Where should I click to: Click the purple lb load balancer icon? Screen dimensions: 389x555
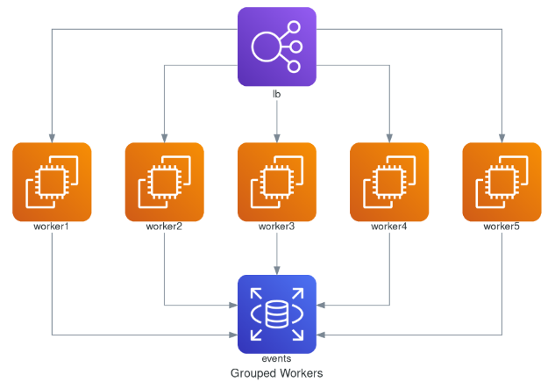coord(277,47)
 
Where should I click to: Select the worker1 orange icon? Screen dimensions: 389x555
coord(53,182)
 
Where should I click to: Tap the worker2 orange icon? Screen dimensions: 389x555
coord(165,182)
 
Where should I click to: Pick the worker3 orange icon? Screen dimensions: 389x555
coord(277,182)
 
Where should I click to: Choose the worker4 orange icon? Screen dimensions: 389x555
coord(389,182)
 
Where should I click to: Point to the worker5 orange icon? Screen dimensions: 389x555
coord(502,182)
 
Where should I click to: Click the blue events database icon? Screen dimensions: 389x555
coord(277,313)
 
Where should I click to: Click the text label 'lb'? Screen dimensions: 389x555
coord(277,94)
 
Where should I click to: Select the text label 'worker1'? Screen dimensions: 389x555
coord(53,227)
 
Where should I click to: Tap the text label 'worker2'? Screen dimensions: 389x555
coord(165,227)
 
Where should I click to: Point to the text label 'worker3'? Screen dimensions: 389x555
coord(277,227)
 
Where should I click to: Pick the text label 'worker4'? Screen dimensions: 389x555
coord(389,227)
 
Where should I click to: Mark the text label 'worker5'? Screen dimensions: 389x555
coord(502,227)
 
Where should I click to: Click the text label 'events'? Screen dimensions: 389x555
coord(277,359)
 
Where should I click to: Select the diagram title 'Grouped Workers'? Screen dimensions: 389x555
coord(277,373)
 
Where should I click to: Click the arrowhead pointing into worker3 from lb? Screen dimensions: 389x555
coord(277,137)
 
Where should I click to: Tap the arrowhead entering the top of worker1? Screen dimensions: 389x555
coord(53,137)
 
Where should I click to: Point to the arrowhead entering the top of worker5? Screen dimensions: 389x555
coord(502,137)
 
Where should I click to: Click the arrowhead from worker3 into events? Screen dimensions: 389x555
coord(277,270)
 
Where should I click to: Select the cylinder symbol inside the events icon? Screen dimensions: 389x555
coord(277,313)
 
